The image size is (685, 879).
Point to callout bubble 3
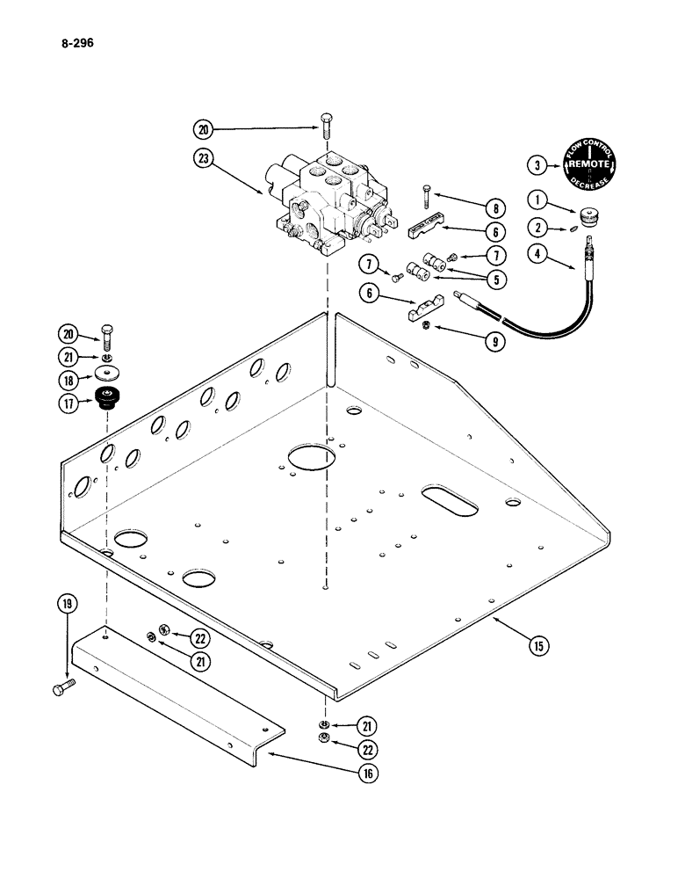tap(537, 163)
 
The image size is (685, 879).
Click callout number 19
tap(67, 604)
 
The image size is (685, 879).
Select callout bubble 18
tap(68, 380)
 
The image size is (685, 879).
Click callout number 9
tap(495, 343)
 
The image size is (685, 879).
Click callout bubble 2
tap(537, 228)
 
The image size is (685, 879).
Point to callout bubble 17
tap(68, 403)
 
